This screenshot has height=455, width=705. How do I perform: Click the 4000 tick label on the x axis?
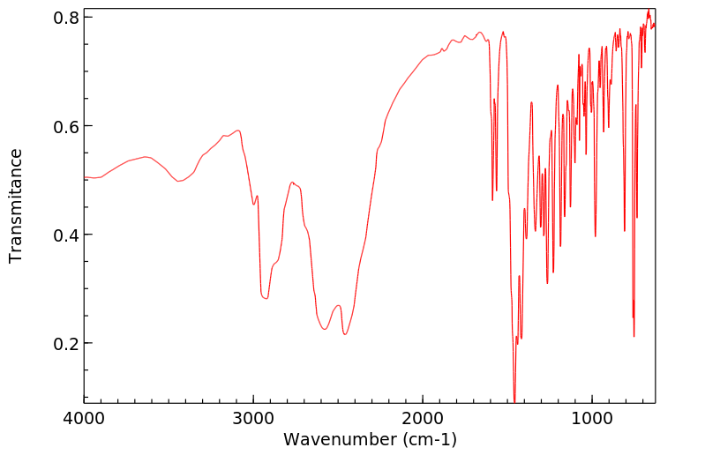click(85, 417)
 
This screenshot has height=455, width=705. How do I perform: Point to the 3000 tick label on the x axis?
click(253, 417)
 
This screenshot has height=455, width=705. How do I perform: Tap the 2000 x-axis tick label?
click(423, 417)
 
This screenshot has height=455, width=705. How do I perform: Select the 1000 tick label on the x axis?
click(592, 417)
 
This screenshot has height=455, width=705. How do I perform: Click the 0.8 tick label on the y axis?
click(69, 18)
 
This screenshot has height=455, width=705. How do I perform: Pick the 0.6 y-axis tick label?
click(69, 126)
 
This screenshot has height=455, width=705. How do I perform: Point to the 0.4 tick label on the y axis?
click(69, 235)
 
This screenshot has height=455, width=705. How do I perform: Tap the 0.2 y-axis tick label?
click(69, 343)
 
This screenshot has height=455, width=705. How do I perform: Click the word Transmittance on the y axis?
click(16, 205)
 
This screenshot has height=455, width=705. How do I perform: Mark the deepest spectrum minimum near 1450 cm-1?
click(514, 399)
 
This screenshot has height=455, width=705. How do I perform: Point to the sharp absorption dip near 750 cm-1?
click(634, 336)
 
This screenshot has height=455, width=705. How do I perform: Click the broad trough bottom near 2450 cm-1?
click(345, 334)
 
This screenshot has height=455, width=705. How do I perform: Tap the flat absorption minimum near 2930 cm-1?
click(265, 298)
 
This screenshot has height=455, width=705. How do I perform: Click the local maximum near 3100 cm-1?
click(237, 131)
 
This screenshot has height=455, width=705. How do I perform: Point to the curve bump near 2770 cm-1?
click(292, 183)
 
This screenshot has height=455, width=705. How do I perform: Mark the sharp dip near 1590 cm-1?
click(492, 200)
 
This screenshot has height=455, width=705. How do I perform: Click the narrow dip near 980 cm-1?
click(596, 236)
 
